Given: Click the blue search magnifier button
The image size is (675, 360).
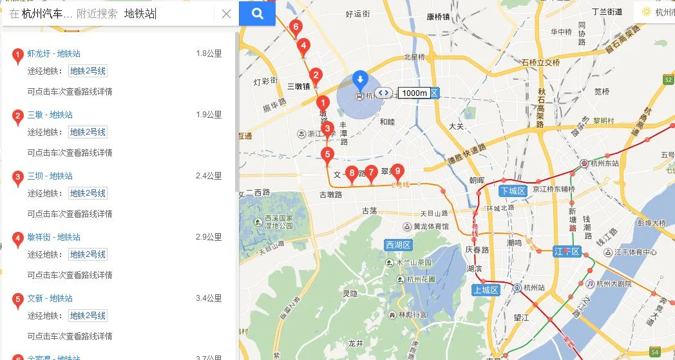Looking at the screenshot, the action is (x=257, y=14).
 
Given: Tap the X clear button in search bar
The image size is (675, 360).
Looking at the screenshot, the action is (x=226, y=14).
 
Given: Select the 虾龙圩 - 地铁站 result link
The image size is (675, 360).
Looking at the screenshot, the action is (x=54, y=53).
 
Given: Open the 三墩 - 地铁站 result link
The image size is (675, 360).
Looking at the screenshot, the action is (x=50, y=115).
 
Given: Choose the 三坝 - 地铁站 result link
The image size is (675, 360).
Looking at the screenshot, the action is (x=50, y=176).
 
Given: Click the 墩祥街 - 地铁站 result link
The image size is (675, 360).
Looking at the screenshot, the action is (x=54, y=237).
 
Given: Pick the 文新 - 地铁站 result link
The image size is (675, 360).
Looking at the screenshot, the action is (x=50, y=298).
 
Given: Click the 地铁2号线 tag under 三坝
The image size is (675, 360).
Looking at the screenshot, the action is (x=88, y=193).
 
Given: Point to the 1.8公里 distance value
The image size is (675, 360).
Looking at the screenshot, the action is (x=209, y=53).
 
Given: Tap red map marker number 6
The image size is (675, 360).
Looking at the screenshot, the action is (x=296, y=27).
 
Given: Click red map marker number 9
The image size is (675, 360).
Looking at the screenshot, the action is (x=398, y=171).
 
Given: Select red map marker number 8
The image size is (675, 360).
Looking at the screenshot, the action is (x=352, y=173).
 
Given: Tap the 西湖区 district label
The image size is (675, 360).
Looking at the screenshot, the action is (x=399, y=245).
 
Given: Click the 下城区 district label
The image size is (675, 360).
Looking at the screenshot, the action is (x=513, y=191).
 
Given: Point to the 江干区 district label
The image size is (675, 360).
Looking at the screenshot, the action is (x=567, y=251).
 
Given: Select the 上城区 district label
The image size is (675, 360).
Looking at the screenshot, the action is (x=486, y=290).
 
